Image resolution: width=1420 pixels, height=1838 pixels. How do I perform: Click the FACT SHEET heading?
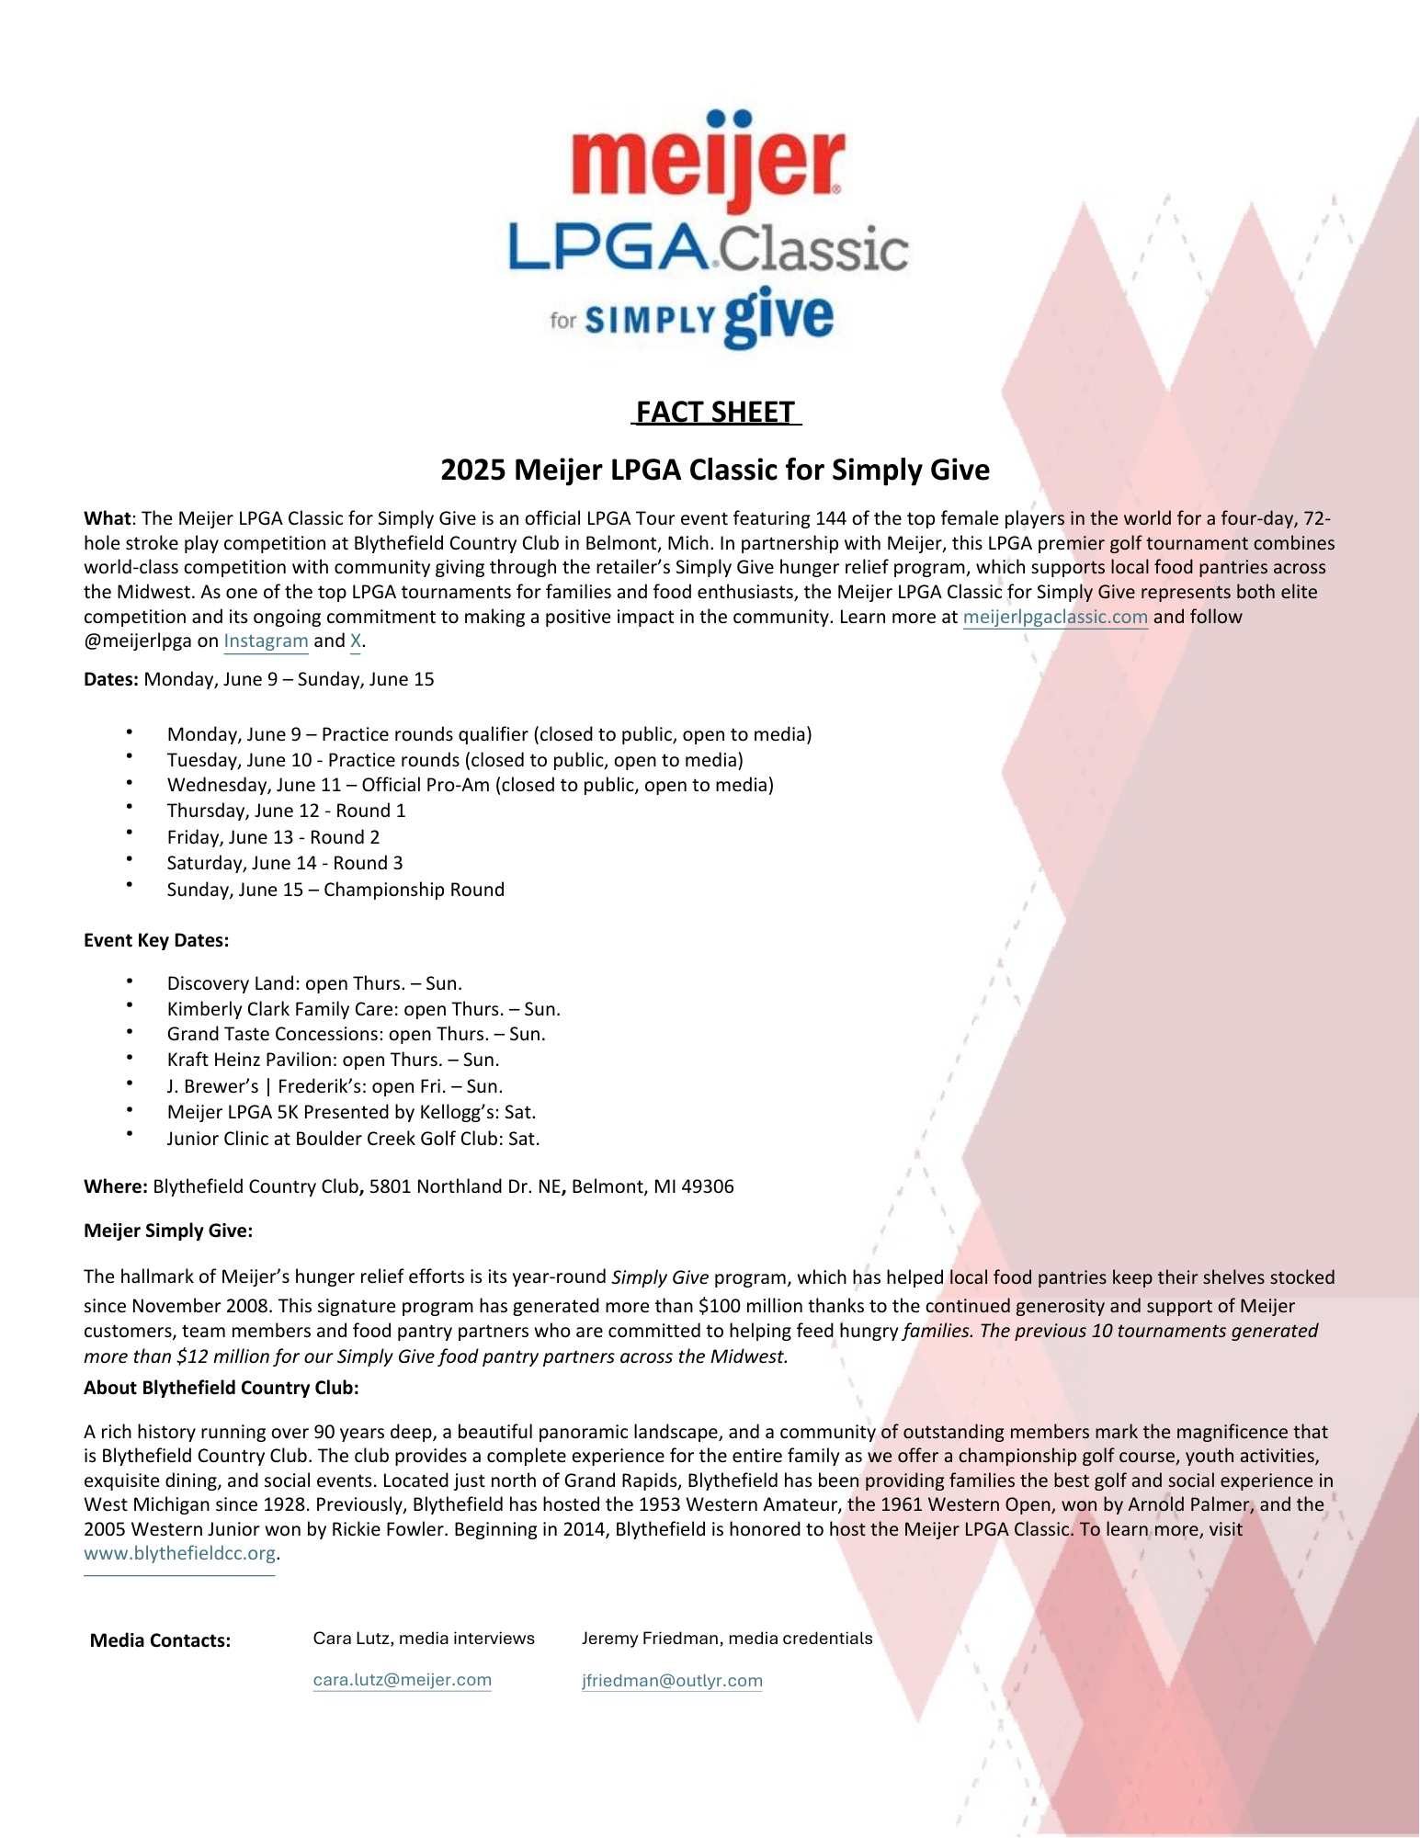point(715,413)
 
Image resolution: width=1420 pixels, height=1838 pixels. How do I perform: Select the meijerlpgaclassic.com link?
point(1055,617)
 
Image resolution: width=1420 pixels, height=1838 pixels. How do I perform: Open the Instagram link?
point(266,641)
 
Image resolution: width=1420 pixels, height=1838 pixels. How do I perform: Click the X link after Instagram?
point(356,641)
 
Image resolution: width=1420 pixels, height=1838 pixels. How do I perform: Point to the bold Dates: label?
point(111,680)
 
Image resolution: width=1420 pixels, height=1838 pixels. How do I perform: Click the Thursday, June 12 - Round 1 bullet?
point(286,811)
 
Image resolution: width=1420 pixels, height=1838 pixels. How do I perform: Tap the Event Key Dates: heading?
point(156,940)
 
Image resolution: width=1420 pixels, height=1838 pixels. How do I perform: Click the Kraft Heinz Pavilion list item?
point(333,1060)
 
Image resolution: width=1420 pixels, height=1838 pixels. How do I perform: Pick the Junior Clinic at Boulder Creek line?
point(353,1139)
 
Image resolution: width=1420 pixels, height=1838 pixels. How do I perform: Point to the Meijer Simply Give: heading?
point(168,1231)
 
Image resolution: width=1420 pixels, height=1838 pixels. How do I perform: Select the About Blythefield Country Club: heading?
point(222,1388)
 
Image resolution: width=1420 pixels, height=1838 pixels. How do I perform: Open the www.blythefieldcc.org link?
point(180,1554)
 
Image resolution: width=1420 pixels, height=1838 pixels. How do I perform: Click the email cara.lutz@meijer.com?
point(403,1680)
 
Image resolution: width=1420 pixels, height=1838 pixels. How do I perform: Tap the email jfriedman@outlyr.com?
point(672,1681)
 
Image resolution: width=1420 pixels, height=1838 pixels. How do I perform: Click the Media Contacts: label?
point(160,1640)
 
